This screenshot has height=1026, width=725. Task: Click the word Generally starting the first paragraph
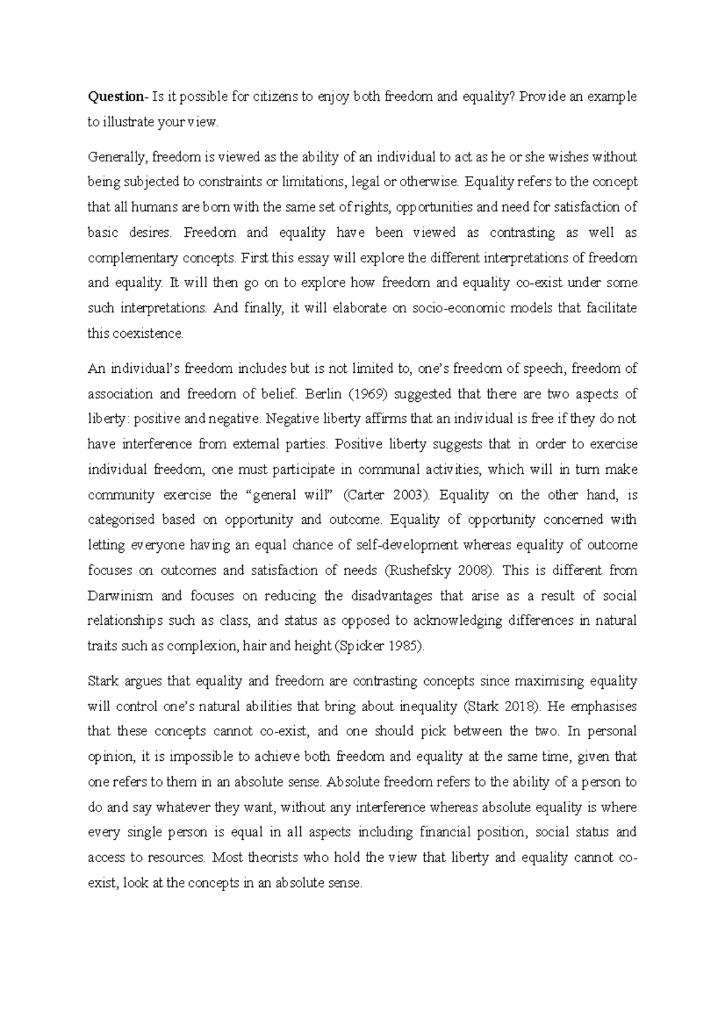(117, 158)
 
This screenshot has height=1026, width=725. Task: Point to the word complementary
(133, 259)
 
